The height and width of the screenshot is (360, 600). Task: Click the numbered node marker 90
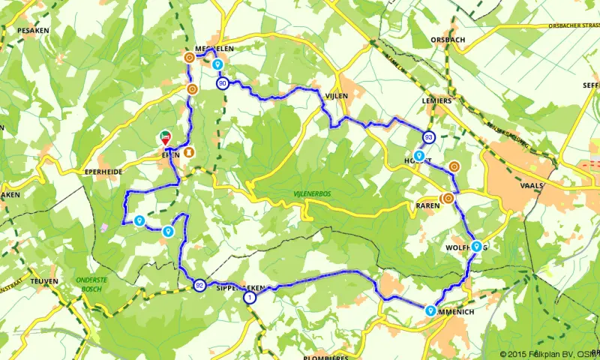pos(223,84)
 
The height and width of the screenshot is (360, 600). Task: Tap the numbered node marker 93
pos(429,137)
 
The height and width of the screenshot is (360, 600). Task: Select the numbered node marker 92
pos(199,285)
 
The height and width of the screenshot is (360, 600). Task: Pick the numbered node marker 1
pos(249,298)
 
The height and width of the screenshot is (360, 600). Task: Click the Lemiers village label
pos(437,100)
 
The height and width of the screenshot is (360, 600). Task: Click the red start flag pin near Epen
pos(166,138)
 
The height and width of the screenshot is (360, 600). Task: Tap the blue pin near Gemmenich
pos(430,309)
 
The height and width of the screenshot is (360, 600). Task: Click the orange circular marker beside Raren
pos(448,199)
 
